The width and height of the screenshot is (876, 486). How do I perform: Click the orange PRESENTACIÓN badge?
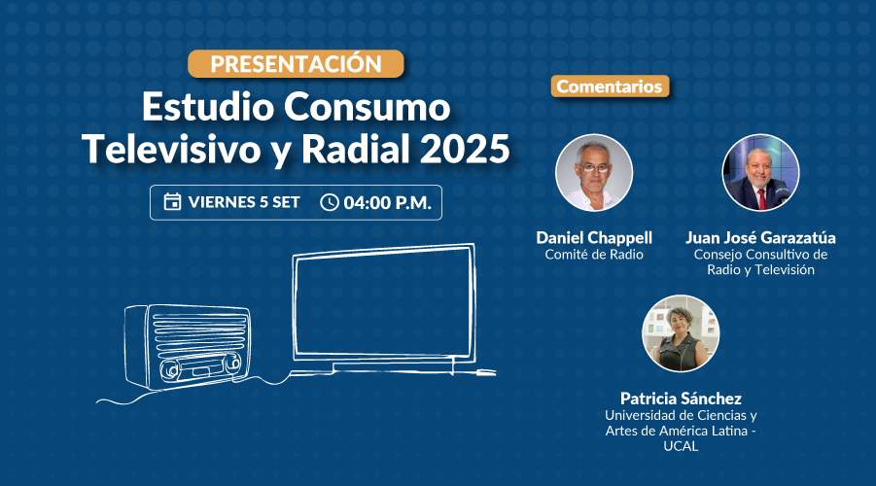coord(296,64)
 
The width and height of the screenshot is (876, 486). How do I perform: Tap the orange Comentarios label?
coord(610,87)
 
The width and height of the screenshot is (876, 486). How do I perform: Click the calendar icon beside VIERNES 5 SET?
coord(172,201)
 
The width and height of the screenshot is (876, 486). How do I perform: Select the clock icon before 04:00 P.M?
coord(329,202)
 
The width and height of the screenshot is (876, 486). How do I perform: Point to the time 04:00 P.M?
coord(387,202)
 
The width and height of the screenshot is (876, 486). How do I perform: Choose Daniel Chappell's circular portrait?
coord(594,173)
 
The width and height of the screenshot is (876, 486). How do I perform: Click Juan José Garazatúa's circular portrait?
coord(760,173)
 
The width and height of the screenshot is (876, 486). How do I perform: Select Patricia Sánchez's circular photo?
coord(681,333)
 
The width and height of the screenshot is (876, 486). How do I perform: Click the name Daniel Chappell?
coord(594,238)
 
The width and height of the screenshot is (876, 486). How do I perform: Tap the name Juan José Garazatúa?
coord(760,238)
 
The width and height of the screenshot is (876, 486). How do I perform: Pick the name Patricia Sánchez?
coord(681,399)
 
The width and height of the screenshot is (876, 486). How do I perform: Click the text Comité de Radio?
coord(594,255)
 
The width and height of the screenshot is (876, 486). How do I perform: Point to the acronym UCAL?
coord(681,446)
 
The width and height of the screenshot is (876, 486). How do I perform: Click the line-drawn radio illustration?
coord(187,346)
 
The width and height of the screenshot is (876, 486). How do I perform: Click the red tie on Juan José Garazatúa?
coord(760,199)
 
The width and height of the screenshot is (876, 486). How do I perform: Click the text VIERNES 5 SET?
coord(244,202)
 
